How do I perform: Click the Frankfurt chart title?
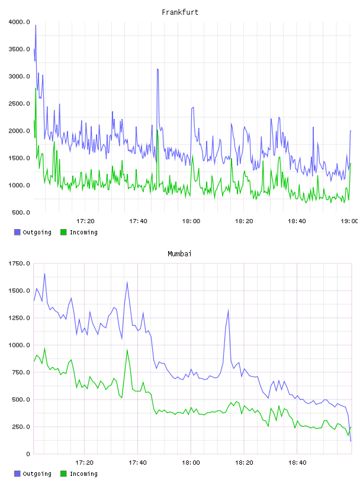[180, 12]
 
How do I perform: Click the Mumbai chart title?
[179, 254]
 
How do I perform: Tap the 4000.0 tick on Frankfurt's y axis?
[19, 22]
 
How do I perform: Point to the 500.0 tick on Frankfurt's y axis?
[21, 212]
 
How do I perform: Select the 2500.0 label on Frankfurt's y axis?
[19, 104]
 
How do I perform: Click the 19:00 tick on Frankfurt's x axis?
[349, 221]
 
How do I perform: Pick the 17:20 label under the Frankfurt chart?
[85, 221]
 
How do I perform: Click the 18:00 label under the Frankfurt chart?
[191, 221]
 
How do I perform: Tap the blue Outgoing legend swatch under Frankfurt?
[17, 232]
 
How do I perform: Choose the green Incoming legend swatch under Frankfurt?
[63, 232]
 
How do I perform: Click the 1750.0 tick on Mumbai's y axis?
[19, 263]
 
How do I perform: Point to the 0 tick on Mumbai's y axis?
[28, 454]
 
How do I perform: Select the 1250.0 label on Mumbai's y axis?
[19, 318]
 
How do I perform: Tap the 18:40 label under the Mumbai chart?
[297, 463]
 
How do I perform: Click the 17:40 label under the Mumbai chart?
[138, 463]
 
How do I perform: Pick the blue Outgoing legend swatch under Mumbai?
[17, 474]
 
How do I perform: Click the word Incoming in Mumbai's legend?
[83, 474]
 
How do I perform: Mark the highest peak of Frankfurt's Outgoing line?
[36, 25]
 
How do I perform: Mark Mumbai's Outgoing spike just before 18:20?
[229, 310]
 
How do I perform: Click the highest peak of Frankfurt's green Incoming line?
[36, 88]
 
